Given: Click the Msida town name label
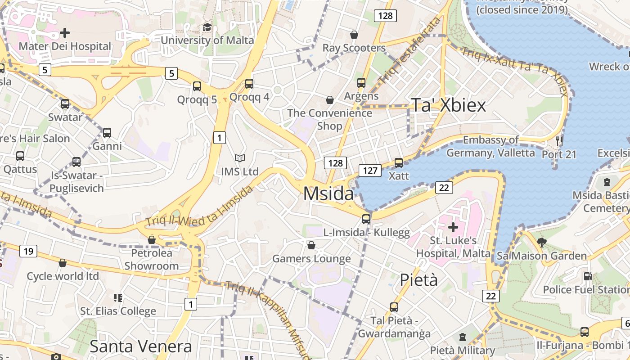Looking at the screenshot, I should pos(328,193).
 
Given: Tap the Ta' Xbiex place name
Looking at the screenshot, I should pos(448,105).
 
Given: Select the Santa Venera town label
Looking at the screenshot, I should pos(140,346).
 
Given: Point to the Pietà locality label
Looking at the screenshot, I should pos(418,280).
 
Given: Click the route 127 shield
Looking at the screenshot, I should pos(370,171).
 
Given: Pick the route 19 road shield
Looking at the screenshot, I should pos(28,251).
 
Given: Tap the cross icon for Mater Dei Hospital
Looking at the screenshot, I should pos(65,33).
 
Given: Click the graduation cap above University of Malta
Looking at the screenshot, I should pos(207,27).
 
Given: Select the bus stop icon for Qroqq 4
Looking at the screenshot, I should pos(249,84).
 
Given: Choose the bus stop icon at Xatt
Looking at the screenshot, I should pos(399,162).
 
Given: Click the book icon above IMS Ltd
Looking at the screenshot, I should pos(240,158).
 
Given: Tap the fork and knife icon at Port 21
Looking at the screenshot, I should pos(559,141).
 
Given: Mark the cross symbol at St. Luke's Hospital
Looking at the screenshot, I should pos(453,227).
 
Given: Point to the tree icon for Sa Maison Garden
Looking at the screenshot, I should pos(542,243).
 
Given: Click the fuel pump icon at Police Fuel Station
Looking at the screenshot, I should pos(587,276).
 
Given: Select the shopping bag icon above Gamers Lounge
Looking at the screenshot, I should pos(311,245).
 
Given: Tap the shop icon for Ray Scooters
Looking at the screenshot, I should pos(354,35).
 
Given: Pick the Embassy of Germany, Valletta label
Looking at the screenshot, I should pos(490,147).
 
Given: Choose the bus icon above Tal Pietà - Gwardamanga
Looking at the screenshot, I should pos(394,307).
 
